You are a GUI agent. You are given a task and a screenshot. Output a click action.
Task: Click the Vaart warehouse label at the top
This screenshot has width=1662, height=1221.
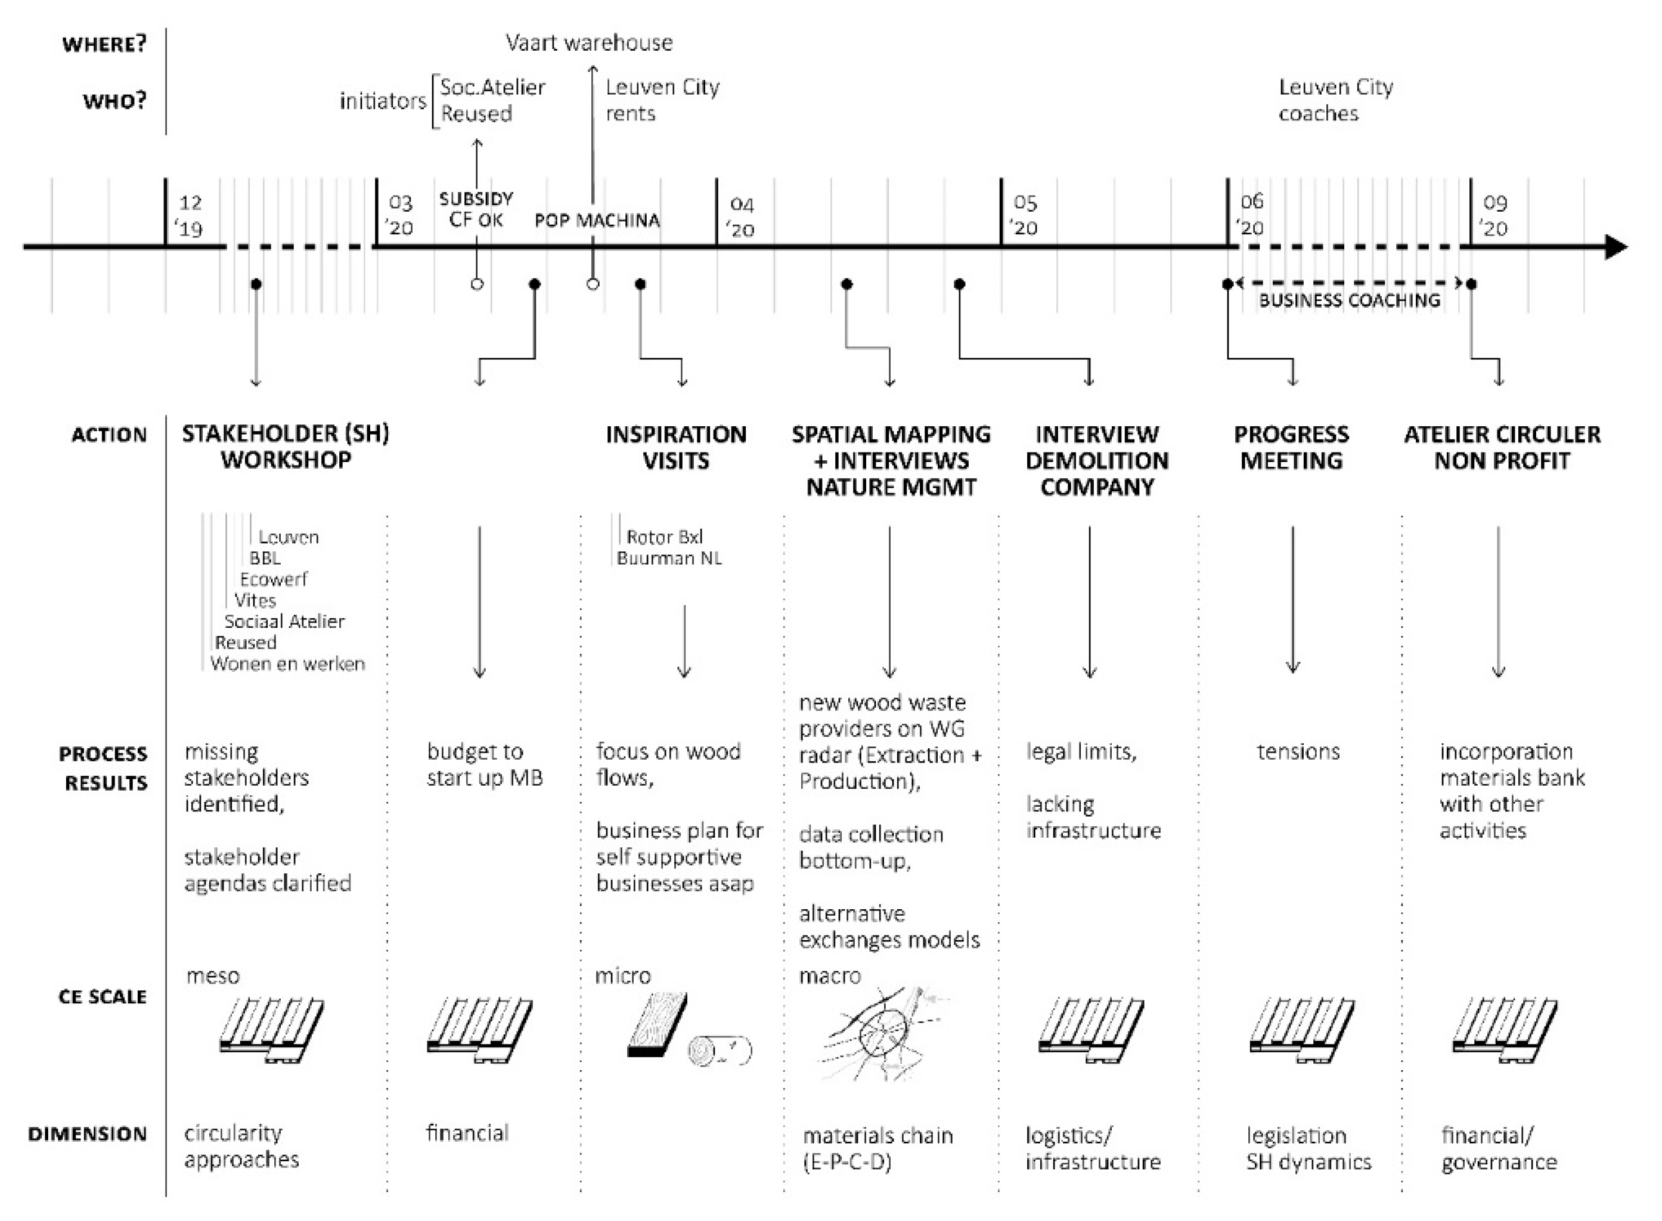[589, 43]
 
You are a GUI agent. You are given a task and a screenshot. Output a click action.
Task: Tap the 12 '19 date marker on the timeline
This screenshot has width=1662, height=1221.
[191, 215]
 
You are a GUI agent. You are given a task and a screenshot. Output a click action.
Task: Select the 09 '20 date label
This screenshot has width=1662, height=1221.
[1494, 215]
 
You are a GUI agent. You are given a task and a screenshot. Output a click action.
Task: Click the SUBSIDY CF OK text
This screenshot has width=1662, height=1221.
[476, 209]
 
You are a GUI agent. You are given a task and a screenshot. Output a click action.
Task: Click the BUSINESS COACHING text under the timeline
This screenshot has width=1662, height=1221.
[1350, 300]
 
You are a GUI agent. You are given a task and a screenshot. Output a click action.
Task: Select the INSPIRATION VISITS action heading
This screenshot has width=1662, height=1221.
[676, 447]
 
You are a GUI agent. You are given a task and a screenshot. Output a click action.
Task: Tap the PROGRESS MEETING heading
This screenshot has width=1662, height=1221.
[1291, 447]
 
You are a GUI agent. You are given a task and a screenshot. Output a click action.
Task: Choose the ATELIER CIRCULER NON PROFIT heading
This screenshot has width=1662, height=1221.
[1502, 447]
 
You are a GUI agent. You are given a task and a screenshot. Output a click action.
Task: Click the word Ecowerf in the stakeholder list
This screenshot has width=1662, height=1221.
[274, 579]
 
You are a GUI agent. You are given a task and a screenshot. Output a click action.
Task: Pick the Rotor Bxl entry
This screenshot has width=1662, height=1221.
[664, 537]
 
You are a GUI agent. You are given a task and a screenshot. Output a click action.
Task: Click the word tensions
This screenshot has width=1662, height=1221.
[1298, 752]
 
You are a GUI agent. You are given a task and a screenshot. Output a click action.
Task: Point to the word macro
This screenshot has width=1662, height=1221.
[830, 977]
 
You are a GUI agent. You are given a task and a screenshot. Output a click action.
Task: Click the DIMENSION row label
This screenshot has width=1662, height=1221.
[87, 1134]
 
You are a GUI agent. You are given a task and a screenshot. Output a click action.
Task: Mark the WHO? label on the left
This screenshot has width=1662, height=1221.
[114, 101]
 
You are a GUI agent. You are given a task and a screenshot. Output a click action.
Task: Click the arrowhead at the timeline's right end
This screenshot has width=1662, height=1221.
[1616, 247]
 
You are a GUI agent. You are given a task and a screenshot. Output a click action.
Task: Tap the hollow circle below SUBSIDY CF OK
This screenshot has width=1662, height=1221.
[477, 284]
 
